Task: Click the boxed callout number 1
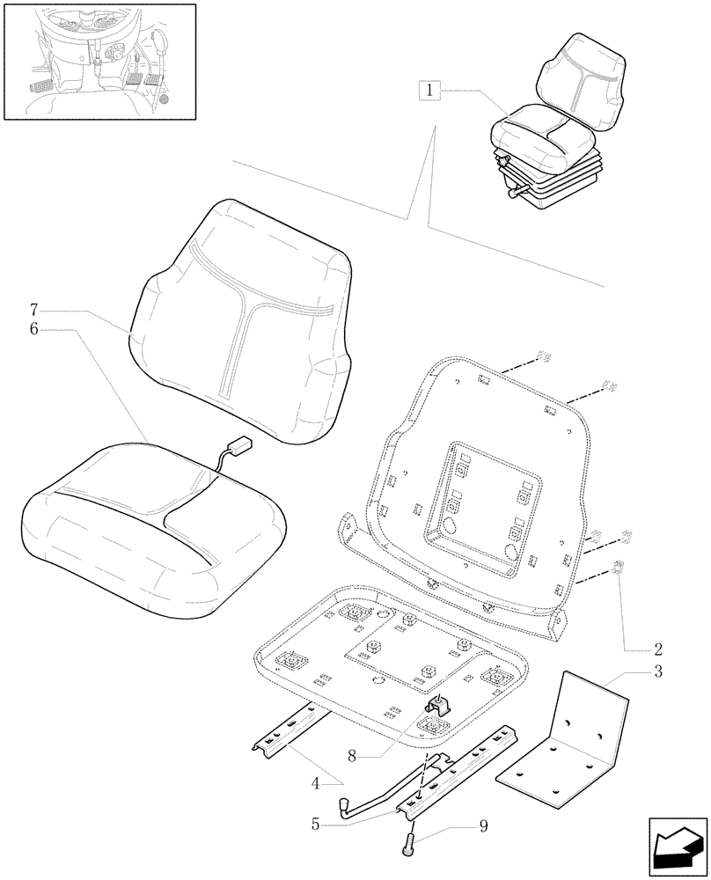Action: (429, 90)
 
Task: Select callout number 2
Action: (657, 650)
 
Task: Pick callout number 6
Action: (33, 328)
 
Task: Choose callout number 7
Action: (33, 310)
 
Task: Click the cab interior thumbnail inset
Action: (99, 61)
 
